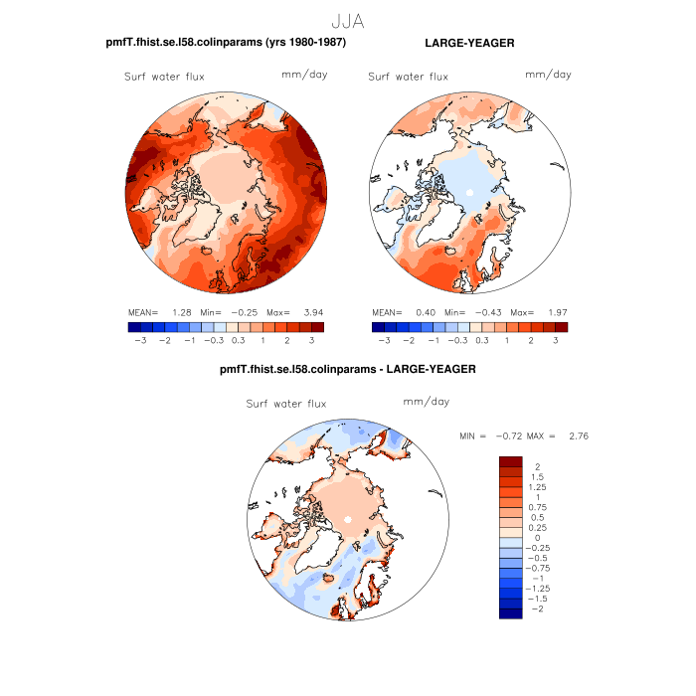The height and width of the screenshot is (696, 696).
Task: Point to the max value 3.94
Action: (311, 311)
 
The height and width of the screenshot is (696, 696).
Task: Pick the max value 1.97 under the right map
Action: (555, 311)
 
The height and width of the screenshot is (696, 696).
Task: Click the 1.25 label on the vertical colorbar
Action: (537, 487)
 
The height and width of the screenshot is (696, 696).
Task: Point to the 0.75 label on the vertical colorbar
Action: (537, 508)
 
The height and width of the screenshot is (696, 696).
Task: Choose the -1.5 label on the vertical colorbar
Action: (537, 600)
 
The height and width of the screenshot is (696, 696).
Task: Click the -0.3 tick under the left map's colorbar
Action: (213, 340)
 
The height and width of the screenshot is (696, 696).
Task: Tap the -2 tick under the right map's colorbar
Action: (409, 340)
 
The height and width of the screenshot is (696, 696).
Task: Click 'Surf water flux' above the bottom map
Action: (286, 404)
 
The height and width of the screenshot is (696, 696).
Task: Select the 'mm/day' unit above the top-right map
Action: (548, 75)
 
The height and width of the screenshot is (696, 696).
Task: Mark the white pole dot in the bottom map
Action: (348, 520)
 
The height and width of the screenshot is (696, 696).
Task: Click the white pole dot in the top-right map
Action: (467, 191)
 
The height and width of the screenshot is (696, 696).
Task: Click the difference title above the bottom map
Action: (348, 369)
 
